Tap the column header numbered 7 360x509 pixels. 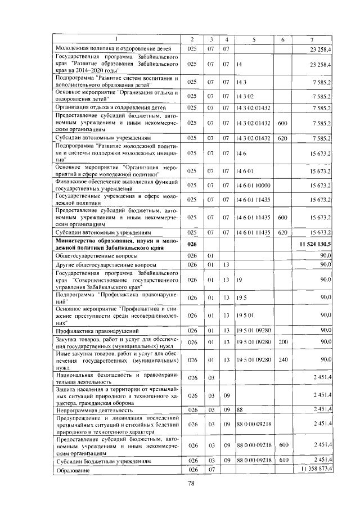coord(312,39)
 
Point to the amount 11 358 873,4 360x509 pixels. coord(317,469)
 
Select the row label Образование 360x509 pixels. coord(70,469)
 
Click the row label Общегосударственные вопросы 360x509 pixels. coord(88,255)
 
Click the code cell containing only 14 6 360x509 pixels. coord(242,153)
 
